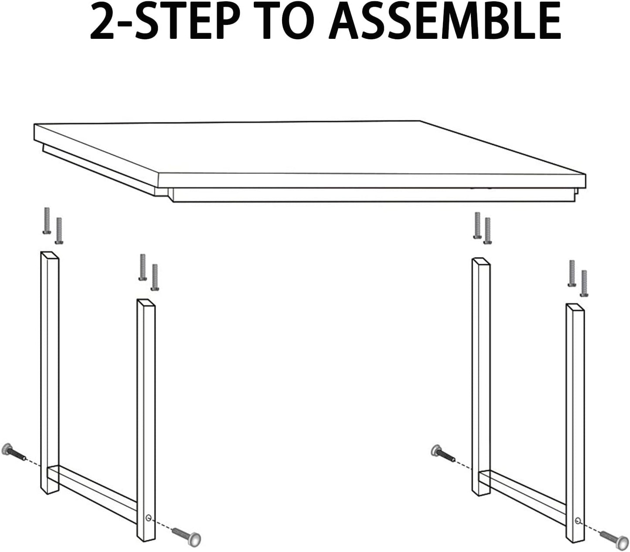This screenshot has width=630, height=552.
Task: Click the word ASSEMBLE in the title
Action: [445, 21]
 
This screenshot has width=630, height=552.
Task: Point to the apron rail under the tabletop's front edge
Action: [371, 195]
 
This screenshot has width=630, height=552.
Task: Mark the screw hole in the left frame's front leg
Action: [149, 518]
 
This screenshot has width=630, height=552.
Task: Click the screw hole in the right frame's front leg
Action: [578, 520]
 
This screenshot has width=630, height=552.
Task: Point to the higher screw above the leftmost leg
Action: [47, 220]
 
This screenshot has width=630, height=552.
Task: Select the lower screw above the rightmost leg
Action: [584, 283]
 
